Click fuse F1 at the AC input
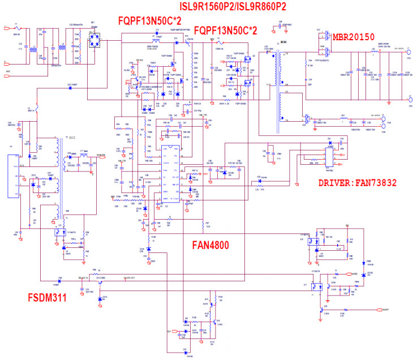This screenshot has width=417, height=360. click(16, 27)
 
